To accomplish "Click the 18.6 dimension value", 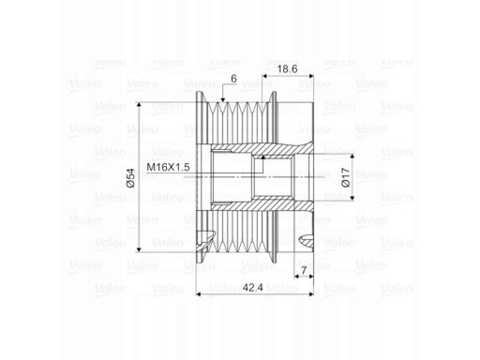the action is [x=287, y=69].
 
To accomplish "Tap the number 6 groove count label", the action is [x=233, y=79].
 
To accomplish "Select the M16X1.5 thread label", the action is [x=168, y=167].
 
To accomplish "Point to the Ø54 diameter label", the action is [x=130, y=178].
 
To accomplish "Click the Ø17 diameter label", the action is [x=346, y=177].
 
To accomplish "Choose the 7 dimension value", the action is [x=304, y=270].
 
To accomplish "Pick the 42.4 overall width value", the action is [x=253, y=288].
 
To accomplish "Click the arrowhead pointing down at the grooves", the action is [x=223, y=99].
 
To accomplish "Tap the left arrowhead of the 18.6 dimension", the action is [x=264, y=76].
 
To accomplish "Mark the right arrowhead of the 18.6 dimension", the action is [x=310, y=76].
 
